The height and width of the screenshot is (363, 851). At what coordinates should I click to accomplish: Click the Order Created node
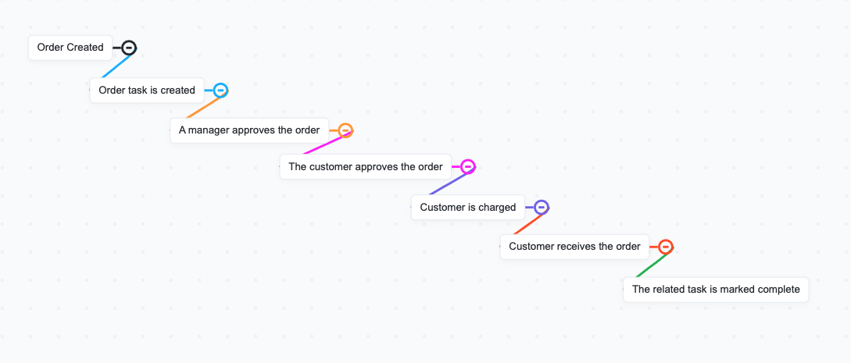tap(70, 48)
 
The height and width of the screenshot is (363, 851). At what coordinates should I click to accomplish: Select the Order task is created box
tap(147, 91)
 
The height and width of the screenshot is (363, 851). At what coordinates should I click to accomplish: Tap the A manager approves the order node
tap(249, 130)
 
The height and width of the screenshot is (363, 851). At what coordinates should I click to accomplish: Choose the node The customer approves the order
tap(366, 167)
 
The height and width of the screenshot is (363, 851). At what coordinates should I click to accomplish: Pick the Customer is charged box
tap(468, 208)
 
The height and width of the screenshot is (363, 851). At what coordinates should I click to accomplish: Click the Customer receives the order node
tap(574, 247)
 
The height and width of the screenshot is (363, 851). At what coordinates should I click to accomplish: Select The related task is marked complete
tap(716, 290)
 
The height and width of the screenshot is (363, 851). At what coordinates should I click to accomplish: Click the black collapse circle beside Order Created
tap(129, 48)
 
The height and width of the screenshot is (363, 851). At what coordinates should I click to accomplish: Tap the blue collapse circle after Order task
tap(220, 91)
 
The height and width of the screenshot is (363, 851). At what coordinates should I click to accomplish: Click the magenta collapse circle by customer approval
tap(467, 166)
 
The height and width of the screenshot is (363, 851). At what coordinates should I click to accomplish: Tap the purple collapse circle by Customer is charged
tap(542, 207)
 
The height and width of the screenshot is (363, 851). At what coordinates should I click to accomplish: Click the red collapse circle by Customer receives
tap(665, 247)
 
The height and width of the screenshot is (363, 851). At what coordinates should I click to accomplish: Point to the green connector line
tap(650, 267)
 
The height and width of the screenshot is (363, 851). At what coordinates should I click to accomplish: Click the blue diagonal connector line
tap(115, 66)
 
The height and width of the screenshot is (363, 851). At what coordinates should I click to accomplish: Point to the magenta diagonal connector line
tap(324, 144)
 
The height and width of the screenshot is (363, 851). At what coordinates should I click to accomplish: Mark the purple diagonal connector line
tap(449, 184)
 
